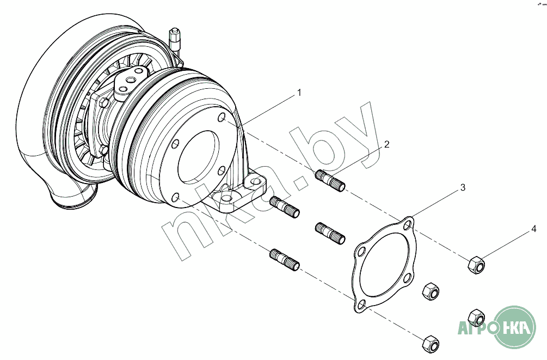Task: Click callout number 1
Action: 299,93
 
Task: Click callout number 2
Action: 386,144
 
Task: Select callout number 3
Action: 463,187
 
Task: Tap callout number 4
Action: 534,229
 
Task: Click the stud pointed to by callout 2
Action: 330,180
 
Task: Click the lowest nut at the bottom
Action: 431,344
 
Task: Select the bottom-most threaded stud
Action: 285,260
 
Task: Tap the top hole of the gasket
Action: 408,225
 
